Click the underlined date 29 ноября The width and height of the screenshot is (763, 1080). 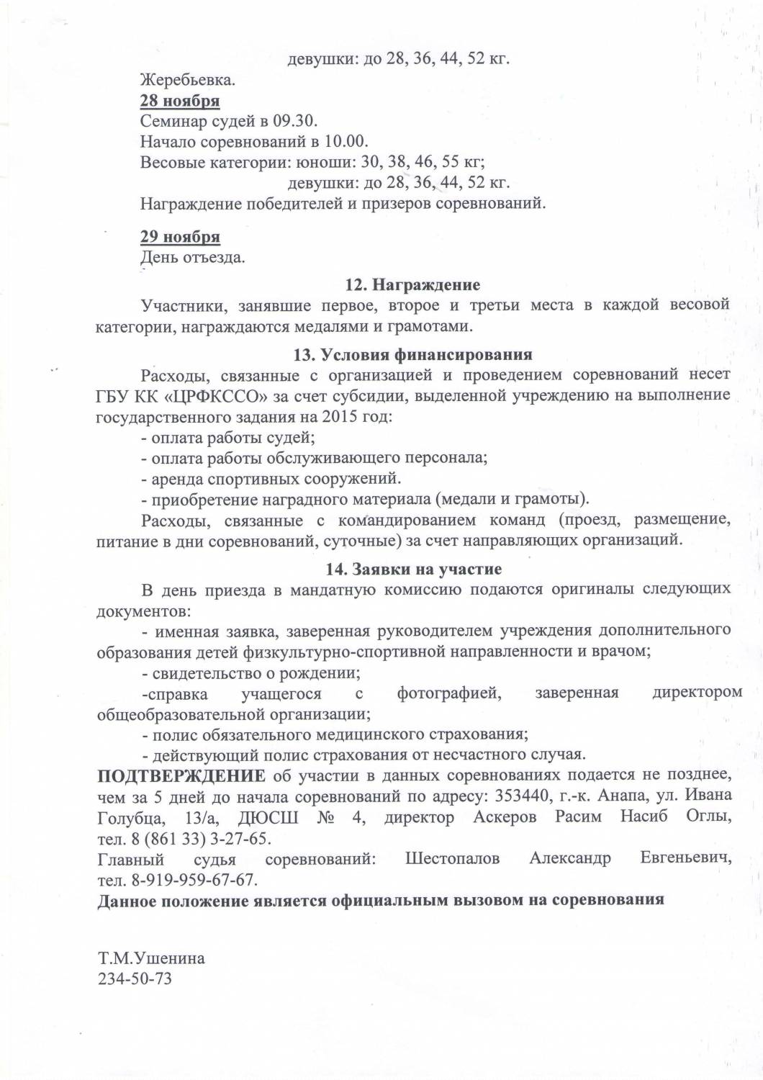[180, 237]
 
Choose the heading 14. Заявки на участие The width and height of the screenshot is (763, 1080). [413, 569]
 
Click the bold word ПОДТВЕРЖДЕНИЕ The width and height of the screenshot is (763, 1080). [181, 775]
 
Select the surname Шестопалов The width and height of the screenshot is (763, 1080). [452, 859]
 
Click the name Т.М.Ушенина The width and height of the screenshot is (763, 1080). [151, 958]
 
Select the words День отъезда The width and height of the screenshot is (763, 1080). [192, 257]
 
